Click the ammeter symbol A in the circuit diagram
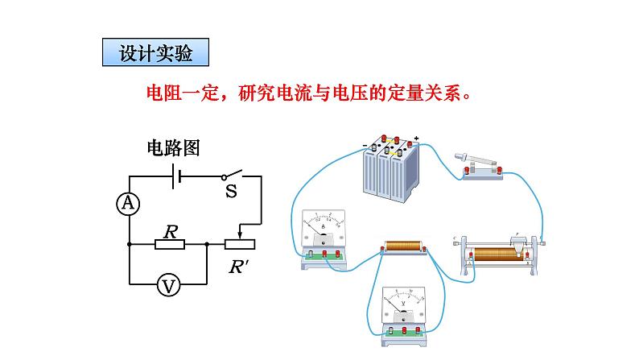[x=127, y=205]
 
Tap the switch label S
[x=231, y=192]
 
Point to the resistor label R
[x=170, y=230]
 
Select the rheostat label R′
[x=238, y=267]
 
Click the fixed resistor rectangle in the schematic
[x=170, y=244]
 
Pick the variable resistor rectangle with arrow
[x=239, y=244]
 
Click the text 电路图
[x=172, y=147]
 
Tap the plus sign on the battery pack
[x=416, y=137]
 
